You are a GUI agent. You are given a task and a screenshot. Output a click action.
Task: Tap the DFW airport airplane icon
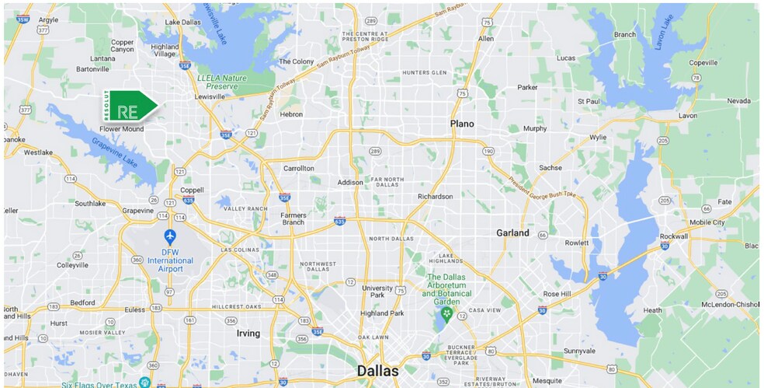click(x=170, y=236)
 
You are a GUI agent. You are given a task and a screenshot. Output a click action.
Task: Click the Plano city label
click(x=461, y=124)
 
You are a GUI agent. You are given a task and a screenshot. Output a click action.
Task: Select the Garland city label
click(x=512, y=232)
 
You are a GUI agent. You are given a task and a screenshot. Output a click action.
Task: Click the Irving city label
click(x=248, y=333)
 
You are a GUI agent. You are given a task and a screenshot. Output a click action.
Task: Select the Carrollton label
click(x=299, y=168)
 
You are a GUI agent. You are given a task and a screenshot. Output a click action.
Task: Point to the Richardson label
click(x=435, y=197)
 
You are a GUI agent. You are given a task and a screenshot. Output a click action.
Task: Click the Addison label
click(x=350, y=183)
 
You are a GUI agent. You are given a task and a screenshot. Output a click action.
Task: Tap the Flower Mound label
click(x=121, y=129)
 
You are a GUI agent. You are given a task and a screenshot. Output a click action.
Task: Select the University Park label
click(x=377, y=292)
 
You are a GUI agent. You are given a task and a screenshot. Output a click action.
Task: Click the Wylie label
click(x=598, y=137)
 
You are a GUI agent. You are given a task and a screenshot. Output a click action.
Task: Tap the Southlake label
click(x=90, y=204)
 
